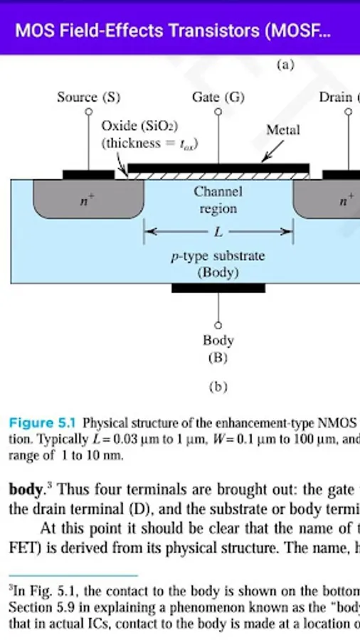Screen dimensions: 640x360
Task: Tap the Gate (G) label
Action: click(218, 97)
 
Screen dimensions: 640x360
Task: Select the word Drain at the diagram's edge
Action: click(335, 97)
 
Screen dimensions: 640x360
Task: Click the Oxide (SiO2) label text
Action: click(139, 127)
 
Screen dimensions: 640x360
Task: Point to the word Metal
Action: click(283, 130)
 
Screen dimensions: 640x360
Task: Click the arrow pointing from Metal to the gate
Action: click(272, 151)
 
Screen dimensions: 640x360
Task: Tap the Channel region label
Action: click(218, 201)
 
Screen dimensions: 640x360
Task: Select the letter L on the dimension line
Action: click(218, 232)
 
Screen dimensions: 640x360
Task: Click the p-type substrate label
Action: click(218, 255)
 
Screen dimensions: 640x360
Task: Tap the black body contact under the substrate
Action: click(218, 288)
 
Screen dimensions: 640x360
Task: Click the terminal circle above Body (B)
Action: click(218, 323)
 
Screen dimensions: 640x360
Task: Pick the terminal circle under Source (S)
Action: click(89, 112)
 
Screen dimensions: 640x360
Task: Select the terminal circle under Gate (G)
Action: click(218, 112)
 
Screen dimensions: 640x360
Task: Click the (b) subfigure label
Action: click(218, 388)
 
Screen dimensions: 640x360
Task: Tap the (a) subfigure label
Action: click(284, 65)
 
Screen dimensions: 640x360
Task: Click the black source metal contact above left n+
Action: click(88, 174)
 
